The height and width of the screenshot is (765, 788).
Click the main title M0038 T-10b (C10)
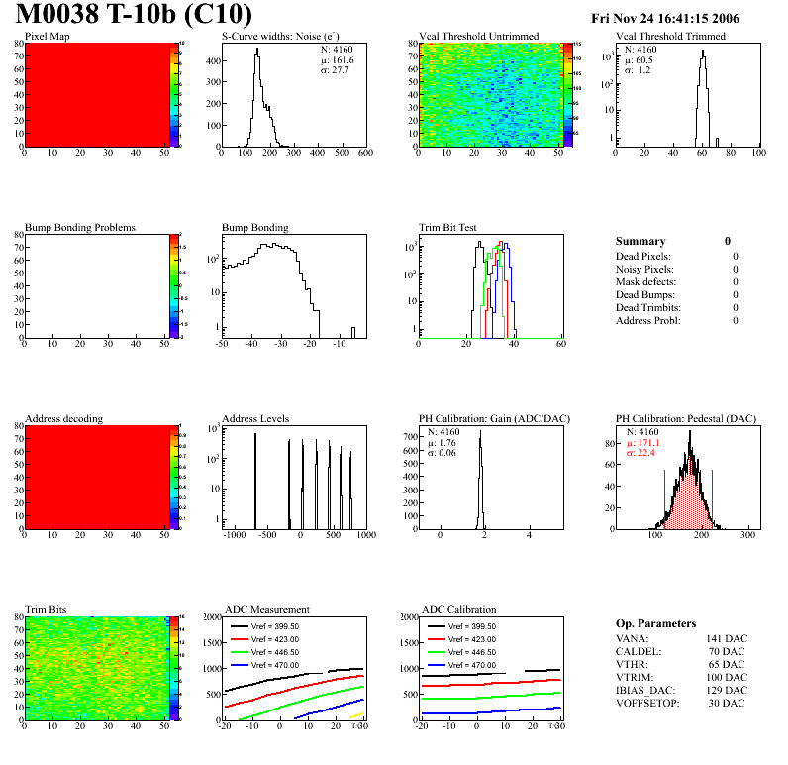pos(133,16)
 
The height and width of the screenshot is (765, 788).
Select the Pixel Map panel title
pos(48,37)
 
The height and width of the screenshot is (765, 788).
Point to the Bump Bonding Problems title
pos(80,228)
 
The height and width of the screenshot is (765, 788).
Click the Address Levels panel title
pos(255,419)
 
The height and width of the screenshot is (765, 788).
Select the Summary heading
pos(640,241)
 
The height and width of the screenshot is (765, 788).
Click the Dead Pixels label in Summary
pos(643,257)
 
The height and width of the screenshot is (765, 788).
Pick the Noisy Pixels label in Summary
pos(644,270)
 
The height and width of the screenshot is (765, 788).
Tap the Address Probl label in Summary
pos(647,321)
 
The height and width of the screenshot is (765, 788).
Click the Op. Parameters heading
pos(655,623)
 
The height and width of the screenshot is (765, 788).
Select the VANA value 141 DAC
pos(727,639)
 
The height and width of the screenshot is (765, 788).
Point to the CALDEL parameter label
pos(639,652)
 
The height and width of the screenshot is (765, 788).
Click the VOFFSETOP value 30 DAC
pos(730,704)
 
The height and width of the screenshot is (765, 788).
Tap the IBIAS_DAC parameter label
pos(645,691)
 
